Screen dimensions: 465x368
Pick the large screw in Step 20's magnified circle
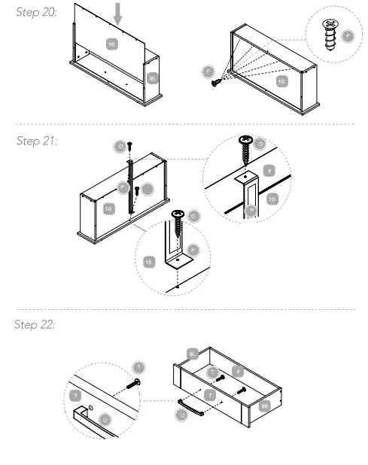330,34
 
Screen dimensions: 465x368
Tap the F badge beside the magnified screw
347,36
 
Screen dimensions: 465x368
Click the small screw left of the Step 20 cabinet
217,81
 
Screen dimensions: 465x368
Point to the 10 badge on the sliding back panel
111,45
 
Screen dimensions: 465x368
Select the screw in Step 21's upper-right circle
245,149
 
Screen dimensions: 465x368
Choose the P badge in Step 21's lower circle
193,248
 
